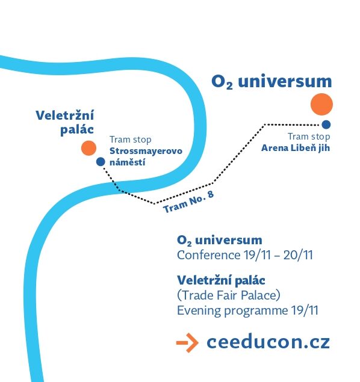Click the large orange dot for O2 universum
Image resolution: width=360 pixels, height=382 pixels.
click(321, 104)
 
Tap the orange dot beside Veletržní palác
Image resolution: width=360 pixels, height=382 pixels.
click(88, 148)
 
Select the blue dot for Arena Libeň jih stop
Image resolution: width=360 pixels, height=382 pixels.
click(326, 125)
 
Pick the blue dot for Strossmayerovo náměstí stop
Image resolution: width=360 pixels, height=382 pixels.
click(101, 161)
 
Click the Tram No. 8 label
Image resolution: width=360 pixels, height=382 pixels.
click(188, 202)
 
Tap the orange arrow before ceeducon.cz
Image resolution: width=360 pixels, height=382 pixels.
click(187, 342)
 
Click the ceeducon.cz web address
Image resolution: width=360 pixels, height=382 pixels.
click(268, 342)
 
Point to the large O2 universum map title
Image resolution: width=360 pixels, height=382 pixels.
click(272, 81)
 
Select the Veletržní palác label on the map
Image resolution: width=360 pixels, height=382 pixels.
click(65, 122)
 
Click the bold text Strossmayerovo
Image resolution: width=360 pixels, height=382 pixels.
click(146, 151)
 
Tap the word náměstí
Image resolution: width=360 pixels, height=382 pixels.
click(128, 162)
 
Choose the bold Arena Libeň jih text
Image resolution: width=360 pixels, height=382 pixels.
click(296, 148)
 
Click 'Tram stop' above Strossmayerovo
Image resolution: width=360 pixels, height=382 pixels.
click(131, 140)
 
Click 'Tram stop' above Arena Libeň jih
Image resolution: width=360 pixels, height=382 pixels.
click(309, 137)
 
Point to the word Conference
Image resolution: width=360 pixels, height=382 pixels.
click(209, 255)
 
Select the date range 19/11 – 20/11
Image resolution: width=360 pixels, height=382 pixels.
click(278, 255)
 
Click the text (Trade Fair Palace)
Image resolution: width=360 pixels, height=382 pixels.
click(229, 295)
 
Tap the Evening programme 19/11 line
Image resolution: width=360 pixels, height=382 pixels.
click(247, 310)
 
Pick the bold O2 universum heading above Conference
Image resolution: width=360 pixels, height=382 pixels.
click(220, 240)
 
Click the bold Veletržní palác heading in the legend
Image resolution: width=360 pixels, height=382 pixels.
click(221, 280)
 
